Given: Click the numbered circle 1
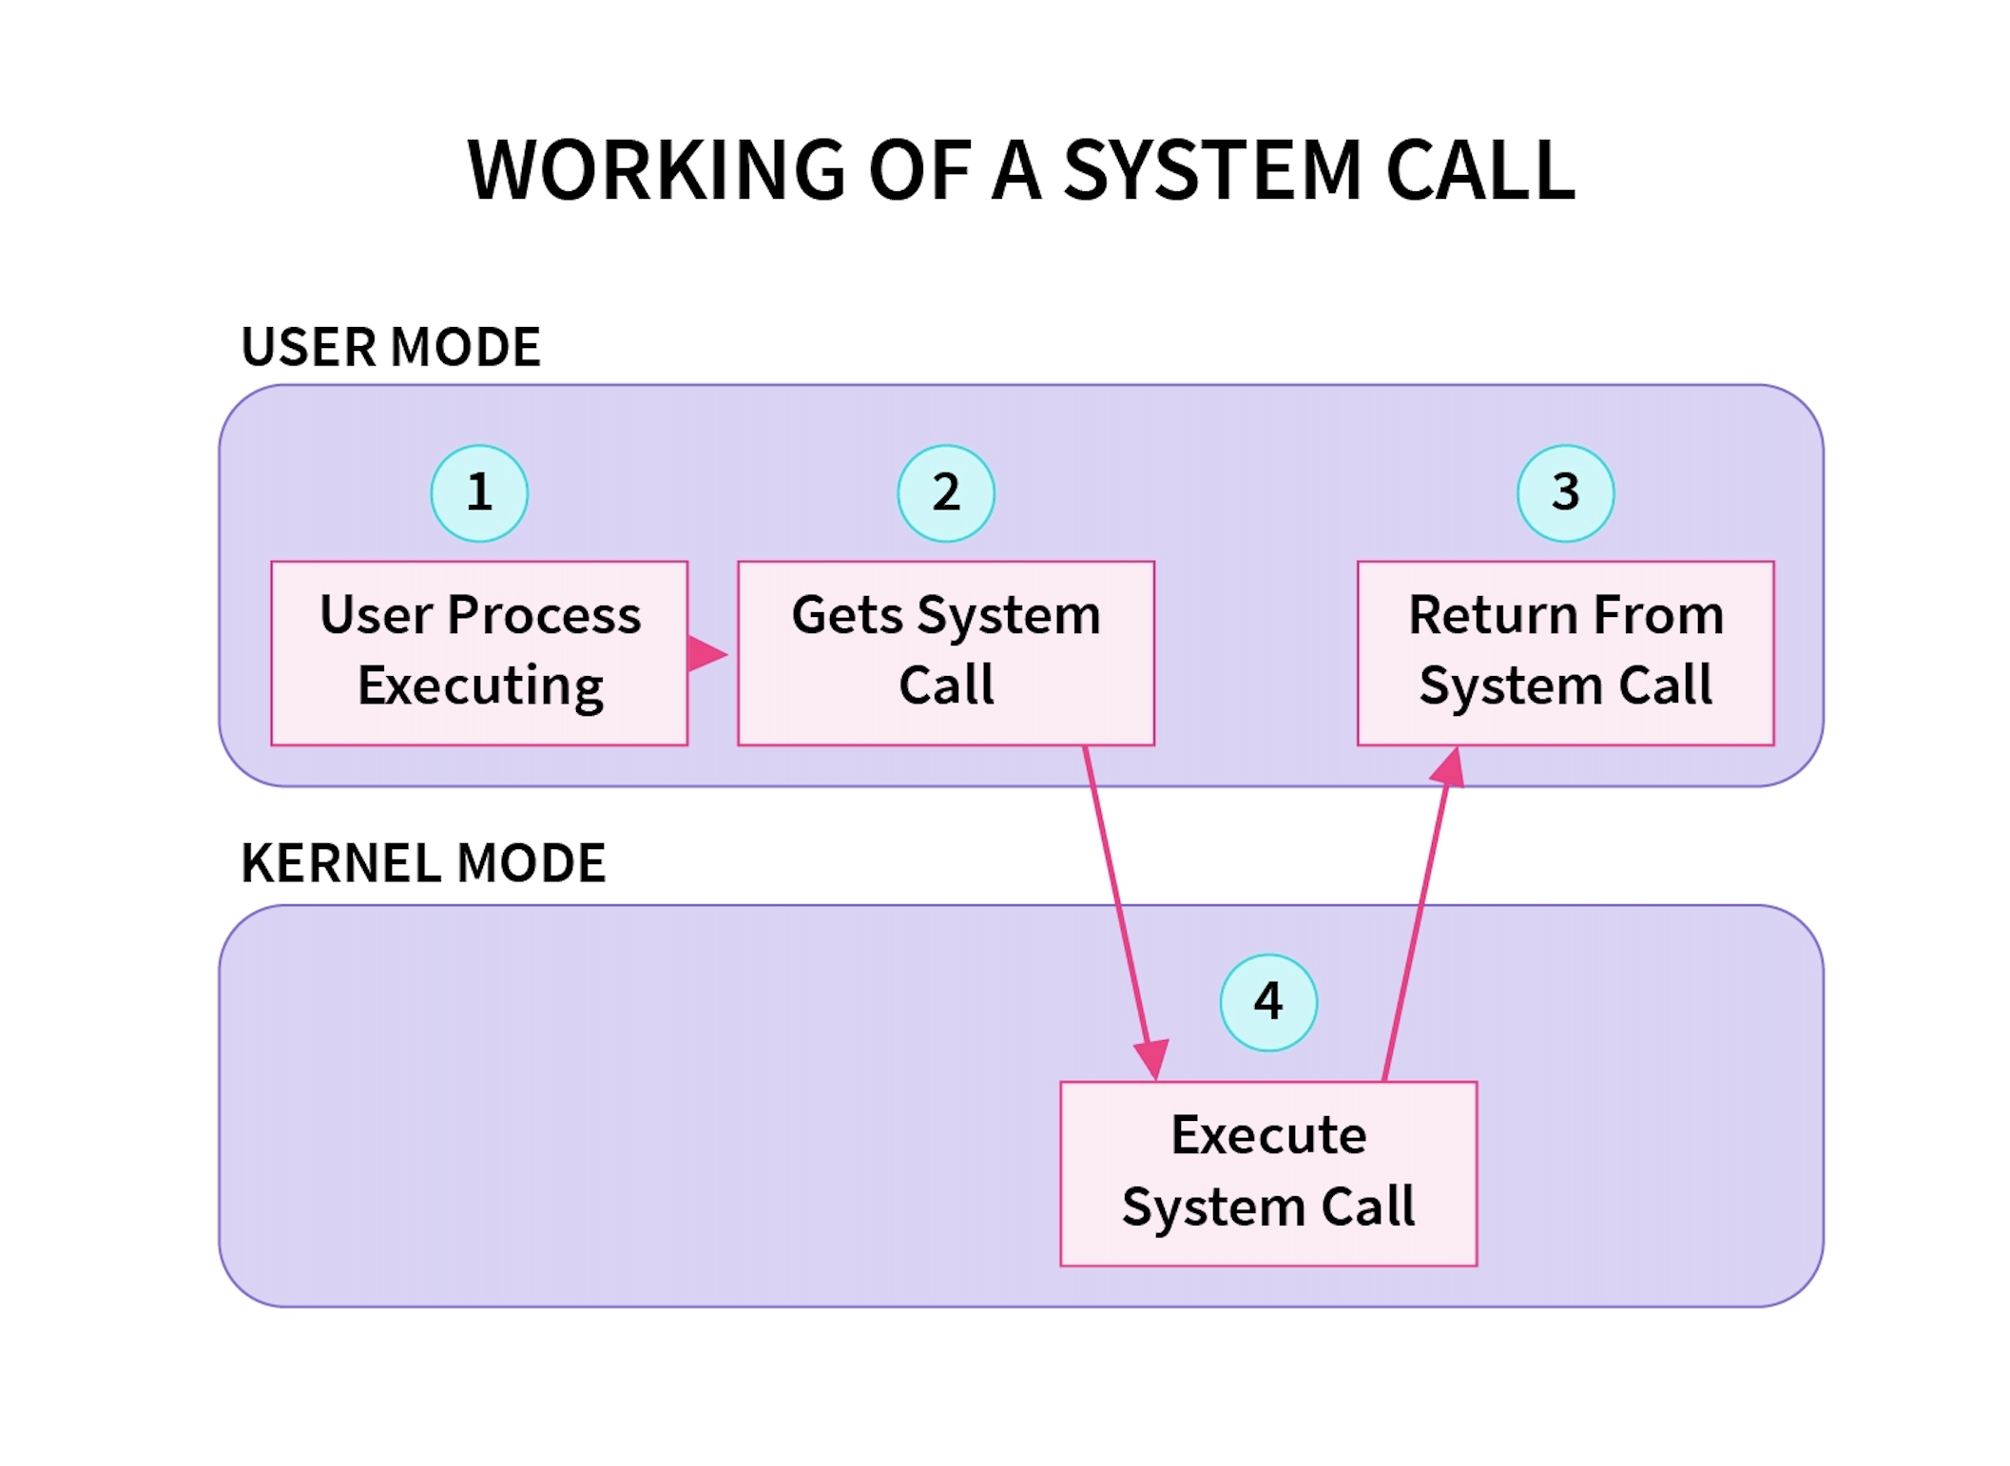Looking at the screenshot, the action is (x=479, y=493).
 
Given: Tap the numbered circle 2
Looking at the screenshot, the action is (x=946, y=493).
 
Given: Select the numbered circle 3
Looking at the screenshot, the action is (x=1565, y=493).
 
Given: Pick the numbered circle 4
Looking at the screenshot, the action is (x=1268, y=1002).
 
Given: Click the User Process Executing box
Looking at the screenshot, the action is (x=479, y=653).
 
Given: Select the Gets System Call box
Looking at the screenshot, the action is (x=946, y=653).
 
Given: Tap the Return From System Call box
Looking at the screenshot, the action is (x=1565, y=653).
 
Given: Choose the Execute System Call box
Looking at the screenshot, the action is (x=1268, y=1173).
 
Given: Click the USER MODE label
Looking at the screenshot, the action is (x=391, y=347).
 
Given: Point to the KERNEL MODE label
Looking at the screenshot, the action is (x=423, y=863).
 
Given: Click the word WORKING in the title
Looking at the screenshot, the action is (x=656, y=170).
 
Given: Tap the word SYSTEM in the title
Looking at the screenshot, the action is (x=1213, y=170).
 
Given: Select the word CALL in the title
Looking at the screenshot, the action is (x=1480, y=170).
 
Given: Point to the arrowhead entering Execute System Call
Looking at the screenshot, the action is (x=1152, y=1059).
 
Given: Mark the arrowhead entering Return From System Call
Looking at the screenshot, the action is (x=1448, y=767).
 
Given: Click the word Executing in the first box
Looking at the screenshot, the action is (x=480, y=686).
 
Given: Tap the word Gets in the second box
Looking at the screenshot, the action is (x=846, y=615).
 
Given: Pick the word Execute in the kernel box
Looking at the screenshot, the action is (x=1268, y=1135).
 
